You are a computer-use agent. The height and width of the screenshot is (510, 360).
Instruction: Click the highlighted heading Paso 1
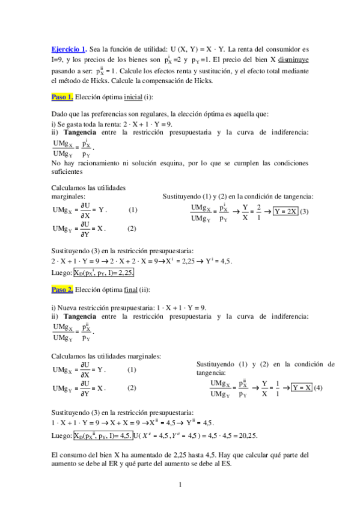63,96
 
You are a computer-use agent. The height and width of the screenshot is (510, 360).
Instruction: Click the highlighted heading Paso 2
63,290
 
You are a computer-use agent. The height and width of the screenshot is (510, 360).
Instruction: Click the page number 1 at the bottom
180,484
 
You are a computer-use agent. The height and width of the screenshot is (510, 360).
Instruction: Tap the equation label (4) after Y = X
318,387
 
